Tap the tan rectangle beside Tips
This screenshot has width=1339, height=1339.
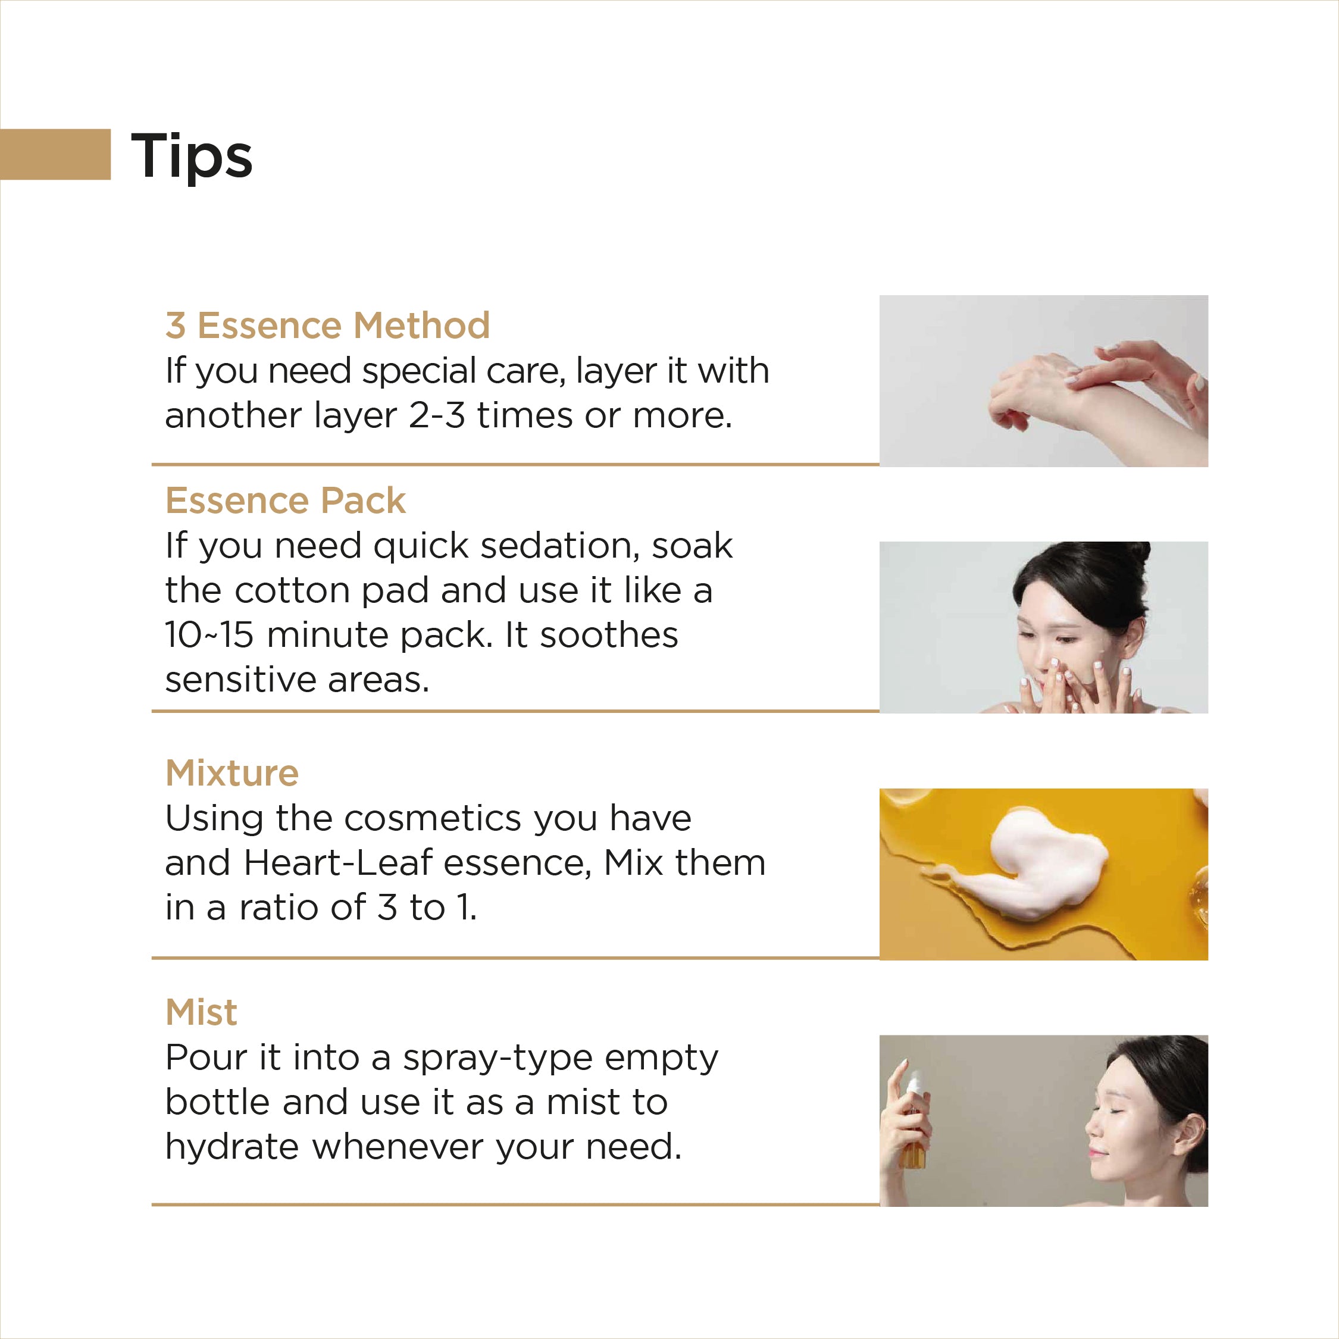tap(55, 154)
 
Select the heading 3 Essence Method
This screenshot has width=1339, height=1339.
tap(327, 325)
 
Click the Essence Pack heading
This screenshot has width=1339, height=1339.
tap(285, 500)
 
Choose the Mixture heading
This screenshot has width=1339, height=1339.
tap(231, 773)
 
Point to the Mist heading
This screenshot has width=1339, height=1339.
tap(201, 1012)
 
